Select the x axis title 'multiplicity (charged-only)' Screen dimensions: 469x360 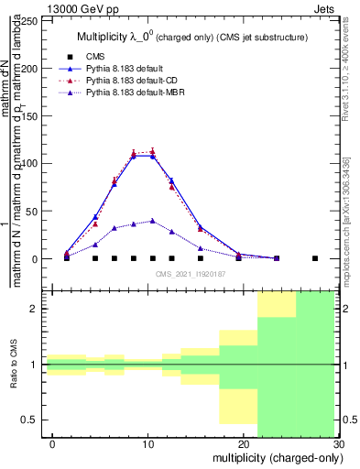click(x=275, y=456)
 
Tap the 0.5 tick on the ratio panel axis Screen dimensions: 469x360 click(x=33, y=420)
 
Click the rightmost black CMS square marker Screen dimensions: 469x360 click(x=315, y=258)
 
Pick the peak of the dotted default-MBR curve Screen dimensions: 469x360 click(x=152, y=221)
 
